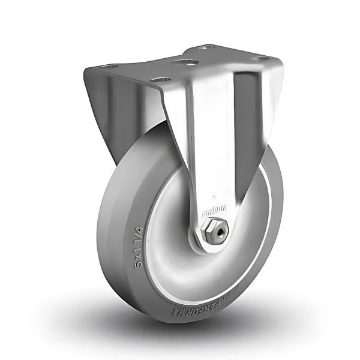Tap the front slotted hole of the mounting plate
(159, 79)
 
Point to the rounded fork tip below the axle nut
(210, 243)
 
